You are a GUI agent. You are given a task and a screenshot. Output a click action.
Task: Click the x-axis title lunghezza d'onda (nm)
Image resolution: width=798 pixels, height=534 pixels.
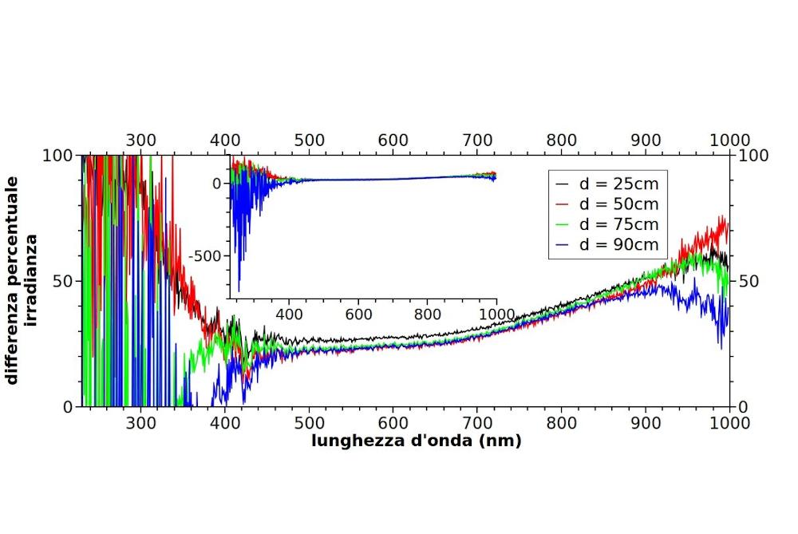[417, 441]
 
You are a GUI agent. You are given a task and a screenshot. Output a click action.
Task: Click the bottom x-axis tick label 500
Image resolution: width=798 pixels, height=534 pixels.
[309, 423]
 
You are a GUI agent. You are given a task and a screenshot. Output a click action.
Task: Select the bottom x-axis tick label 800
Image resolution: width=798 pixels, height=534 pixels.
[561, 423]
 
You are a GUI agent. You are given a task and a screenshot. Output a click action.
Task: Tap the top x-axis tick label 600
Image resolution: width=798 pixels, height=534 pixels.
[393, 140]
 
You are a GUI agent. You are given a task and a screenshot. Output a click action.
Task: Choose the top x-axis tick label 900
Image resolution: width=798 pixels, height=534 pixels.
[646, 140]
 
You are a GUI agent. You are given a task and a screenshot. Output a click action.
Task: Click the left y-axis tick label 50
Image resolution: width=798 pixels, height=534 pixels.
[62, 281]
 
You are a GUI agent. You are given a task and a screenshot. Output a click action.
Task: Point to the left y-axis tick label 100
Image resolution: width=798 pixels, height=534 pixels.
[57, 156]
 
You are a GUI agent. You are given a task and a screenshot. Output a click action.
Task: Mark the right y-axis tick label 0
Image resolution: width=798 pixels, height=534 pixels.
[742, 407]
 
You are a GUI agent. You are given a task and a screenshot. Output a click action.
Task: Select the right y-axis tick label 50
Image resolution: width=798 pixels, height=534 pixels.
[749, 281]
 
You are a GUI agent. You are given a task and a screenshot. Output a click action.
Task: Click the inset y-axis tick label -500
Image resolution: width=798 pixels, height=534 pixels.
[205, 256]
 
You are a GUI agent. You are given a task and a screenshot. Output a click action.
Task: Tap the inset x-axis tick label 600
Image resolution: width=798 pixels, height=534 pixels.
[358, 314]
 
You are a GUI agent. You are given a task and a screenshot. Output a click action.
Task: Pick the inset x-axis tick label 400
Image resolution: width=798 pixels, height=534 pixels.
[289, 314]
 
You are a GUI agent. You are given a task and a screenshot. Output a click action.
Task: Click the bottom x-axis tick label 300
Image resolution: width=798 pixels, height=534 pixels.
[141, 423]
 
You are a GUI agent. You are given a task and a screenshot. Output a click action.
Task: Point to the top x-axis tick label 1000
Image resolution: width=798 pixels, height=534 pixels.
[729, 140]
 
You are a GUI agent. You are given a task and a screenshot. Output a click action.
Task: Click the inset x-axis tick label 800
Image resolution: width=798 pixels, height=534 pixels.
[428, 314]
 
